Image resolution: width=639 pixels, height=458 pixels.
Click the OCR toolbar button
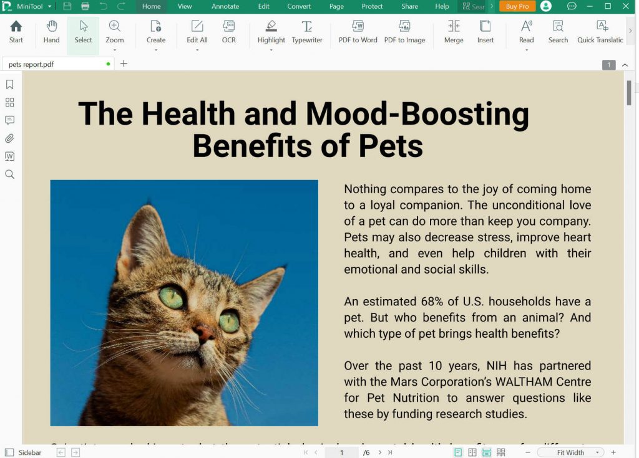click(229, 31)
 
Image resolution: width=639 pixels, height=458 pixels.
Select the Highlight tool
click(271, 31)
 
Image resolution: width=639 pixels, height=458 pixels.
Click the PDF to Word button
click(358, 31)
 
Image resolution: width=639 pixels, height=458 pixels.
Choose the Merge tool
click(454, 31)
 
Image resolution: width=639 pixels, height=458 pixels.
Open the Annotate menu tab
click(225, 6)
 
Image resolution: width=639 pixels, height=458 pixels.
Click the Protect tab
click(372, 6)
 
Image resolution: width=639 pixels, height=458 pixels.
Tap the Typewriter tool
click(307, 31)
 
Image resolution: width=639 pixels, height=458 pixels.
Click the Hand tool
click(51, 31)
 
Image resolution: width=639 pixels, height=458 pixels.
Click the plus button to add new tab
click(124, 64)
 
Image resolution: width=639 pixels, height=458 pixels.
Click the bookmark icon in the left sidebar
click(9, 84)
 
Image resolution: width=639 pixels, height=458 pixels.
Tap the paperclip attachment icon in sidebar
click(9, 138)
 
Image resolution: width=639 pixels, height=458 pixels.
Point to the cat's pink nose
click(203, 333)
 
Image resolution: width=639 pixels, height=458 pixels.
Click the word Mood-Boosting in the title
click(417, 114)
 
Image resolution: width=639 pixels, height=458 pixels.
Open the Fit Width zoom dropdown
click(597, 452)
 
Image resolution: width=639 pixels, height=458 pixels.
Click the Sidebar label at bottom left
click(30, 452)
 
